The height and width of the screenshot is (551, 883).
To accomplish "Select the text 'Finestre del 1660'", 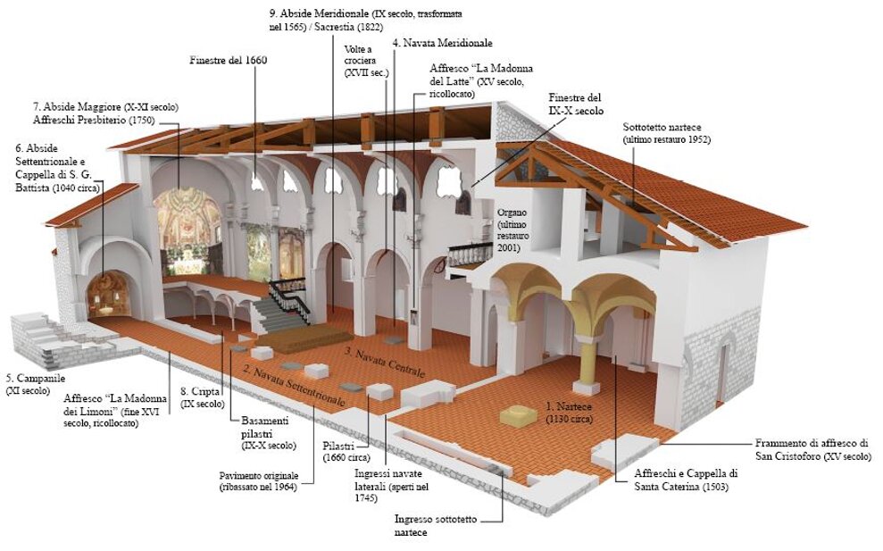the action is coord(228,61).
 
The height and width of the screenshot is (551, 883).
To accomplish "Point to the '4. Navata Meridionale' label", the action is coord(443,43).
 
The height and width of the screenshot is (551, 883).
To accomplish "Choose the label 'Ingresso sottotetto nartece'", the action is coord(436,526).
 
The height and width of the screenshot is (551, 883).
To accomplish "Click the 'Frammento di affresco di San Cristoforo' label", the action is coord(813,449).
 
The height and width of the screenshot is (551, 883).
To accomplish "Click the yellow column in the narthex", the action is coord(587,350).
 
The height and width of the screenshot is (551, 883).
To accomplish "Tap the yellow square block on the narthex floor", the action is coord(518,416).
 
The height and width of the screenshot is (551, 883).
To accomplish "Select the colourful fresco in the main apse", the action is coord(187,225).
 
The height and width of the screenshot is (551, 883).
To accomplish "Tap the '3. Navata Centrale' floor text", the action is coord(385,363).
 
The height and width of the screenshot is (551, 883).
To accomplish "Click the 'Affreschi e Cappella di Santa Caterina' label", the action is coord(686,480).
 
